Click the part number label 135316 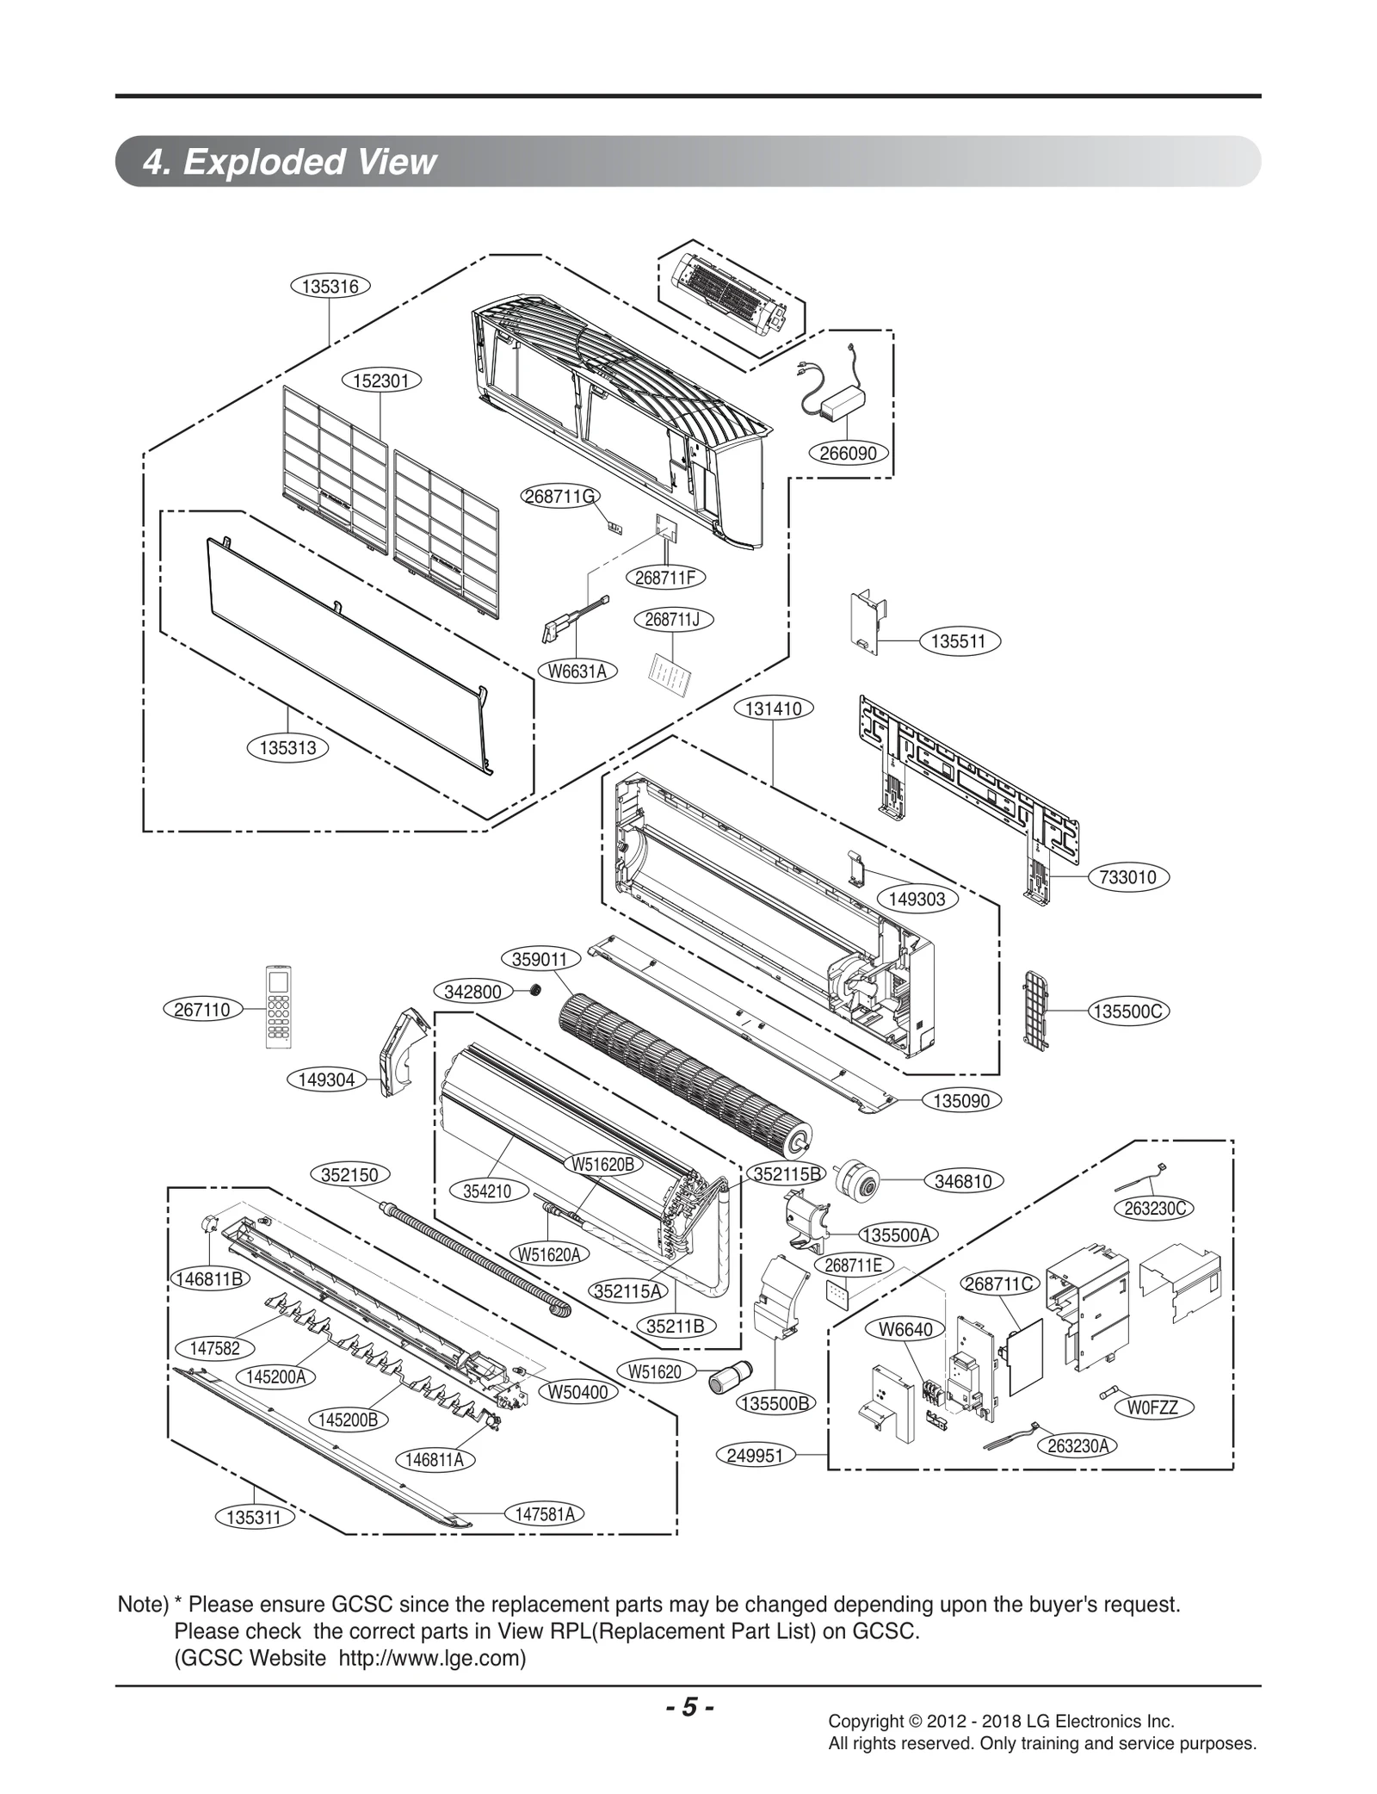pos(330,287)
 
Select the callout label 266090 pos(848,453)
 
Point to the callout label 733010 pos(1128,877)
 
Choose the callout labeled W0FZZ pos(1152,1408)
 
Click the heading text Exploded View pos(310,162)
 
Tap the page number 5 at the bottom pos(688,1707)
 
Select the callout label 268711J pos(673,620)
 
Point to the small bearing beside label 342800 pos(534,991)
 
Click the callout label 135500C pos(1128,1011)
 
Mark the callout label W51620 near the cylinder pos(655,1372)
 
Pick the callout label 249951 pos(755,1455)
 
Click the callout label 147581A pos(544,1514)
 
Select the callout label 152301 pos(381,380)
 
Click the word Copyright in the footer pos(864,1722)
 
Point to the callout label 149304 pos(326,1079)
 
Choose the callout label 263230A pos(1078,1446)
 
